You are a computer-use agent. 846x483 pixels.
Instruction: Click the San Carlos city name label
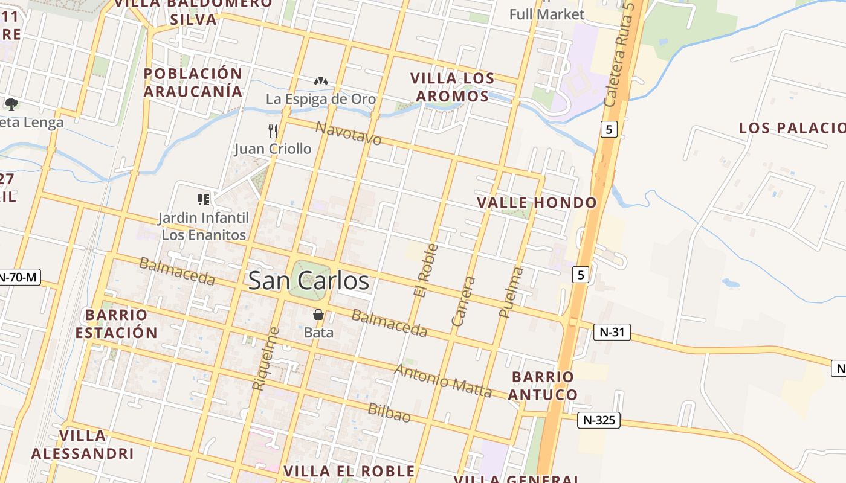pos(308,281)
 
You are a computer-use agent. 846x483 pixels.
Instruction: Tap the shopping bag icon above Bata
pos(318,315)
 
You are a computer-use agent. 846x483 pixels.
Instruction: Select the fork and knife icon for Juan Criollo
pos(273,130)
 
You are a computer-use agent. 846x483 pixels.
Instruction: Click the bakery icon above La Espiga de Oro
pos(321,81)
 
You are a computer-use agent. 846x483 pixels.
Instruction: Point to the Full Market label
pos(546,14)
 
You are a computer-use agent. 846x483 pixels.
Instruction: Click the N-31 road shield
pos(612,331)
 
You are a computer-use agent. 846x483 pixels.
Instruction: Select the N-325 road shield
pos(598,420)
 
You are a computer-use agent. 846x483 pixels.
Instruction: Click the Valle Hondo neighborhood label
pos(537,203)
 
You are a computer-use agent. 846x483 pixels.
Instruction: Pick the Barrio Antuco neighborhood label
pos(542,386)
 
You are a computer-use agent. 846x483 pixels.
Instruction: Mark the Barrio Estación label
pos(121,324)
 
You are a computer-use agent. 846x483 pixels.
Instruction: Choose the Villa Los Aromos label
pos(452,87)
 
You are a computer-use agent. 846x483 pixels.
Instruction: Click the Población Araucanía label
pos(193,83)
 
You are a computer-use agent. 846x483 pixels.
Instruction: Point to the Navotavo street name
pos(349,133)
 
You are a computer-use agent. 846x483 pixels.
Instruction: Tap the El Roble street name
pos(426,270)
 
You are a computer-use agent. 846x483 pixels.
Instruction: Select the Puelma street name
pos(511,292)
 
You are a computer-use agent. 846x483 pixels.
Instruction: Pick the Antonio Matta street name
pos(443,380)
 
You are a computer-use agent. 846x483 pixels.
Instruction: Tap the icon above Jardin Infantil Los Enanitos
pos(203,199)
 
